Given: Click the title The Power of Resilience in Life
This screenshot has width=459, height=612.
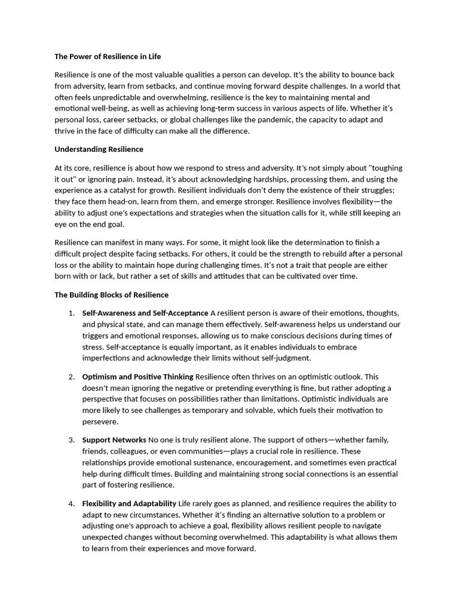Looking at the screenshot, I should click(108, 57).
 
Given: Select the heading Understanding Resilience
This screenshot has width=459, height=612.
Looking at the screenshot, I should click(99, 149).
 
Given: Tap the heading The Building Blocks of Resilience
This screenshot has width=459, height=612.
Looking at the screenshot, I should click(111, 295).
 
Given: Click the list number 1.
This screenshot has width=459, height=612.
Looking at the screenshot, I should click(71, 313).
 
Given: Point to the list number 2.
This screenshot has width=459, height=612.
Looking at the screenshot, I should click(71, 377).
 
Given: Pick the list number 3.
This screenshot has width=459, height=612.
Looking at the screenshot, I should click(71, 440).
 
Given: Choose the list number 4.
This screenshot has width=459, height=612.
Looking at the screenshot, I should click(71, 503).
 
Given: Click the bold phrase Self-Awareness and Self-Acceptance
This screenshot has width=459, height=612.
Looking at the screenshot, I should click(145, 313).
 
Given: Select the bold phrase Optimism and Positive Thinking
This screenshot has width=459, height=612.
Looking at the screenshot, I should click(137, 377).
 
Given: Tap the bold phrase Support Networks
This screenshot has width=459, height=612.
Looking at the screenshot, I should click(114, 440).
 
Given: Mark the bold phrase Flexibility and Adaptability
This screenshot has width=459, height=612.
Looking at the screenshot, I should click(129, 503).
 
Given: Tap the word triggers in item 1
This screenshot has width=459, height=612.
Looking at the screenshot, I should click(96, 336).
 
